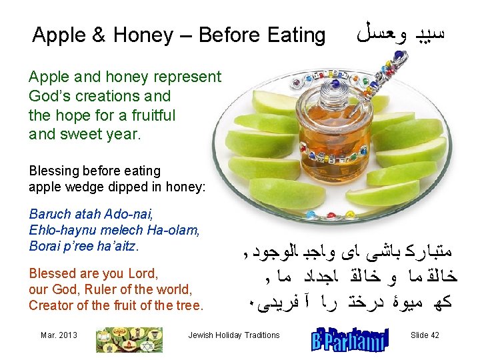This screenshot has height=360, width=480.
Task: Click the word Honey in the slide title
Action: [x=133, y=35]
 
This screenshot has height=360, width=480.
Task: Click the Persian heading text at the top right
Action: [x=413, y=34]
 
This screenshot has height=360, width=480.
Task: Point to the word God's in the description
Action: [x=51, y=95]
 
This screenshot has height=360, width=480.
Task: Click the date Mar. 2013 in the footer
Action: [x=59, y=335]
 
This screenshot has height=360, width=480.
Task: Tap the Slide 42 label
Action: [x=425, y=335]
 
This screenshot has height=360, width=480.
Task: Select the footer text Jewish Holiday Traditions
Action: [x=234, y=335]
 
